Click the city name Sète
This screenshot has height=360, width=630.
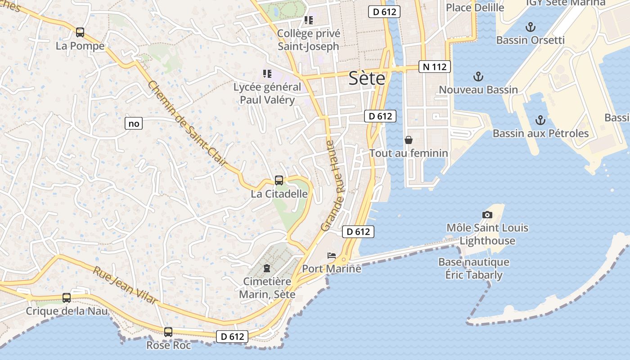click(367, 79)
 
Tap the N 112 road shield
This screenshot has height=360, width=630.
click(434, 67)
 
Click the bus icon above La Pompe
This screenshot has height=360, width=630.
click(80, 32)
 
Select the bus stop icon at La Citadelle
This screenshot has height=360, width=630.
click(279, 180)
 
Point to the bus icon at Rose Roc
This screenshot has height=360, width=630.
click(168, 332)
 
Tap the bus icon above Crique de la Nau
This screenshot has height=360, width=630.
click(67, 297)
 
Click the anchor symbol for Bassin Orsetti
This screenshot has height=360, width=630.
click(531, 27)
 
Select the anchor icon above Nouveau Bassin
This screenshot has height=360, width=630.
click(478, 76)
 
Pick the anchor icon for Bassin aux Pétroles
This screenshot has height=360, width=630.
click(540, 120)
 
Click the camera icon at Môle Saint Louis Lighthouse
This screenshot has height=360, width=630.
click(487, 215)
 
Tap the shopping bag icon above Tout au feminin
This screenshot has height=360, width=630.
click(409, 140)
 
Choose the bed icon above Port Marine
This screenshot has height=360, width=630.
click(332, 256)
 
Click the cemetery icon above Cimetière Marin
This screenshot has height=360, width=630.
click(267, 269)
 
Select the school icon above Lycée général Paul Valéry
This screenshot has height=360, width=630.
click(267, 73)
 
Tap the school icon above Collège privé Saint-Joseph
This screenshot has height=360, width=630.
click(308, 20)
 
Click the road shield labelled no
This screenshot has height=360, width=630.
click(134, 123)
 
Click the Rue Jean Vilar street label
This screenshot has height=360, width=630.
click(126, 285)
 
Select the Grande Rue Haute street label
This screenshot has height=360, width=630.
click(333, 186)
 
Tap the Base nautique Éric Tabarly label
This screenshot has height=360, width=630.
click(473, 268)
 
